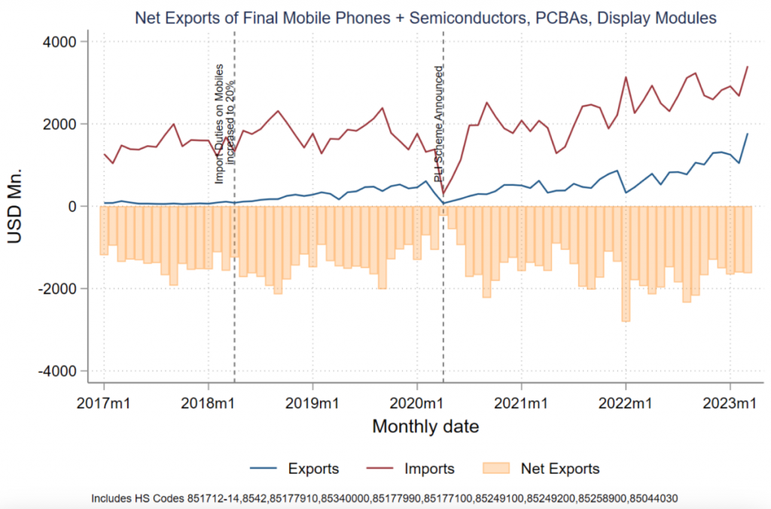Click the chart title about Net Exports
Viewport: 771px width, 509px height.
point(425,17)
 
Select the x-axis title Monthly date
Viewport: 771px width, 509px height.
point(425,427)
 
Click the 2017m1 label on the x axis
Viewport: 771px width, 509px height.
point(104,404)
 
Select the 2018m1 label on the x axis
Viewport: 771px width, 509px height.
point(209,404)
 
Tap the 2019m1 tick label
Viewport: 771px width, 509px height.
point(312,404)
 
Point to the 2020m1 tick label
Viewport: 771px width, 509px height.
point(417,404)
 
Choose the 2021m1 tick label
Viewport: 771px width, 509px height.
point(521,404)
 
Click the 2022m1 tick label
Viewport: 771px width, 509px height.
point(626,404)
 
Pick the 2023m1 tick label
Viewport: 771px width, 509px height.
point(730,404)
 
